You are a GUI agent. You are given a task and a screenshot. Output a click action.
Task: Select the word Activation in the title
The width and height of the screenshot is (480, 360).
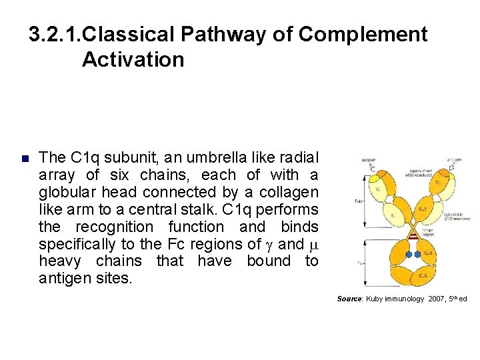pos(133,59)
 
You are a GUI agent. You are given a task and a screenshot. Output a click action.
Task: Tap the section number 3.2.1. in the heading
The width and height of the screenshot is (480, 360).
pos(56,34)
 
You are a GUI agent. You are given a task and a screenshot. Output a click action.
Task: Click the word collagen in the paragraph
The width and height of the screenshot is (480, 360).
pos(287,192)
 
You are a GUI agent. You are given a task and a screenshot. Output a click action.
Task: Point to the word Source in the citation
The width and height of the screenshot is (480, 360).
pos(349,299)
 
